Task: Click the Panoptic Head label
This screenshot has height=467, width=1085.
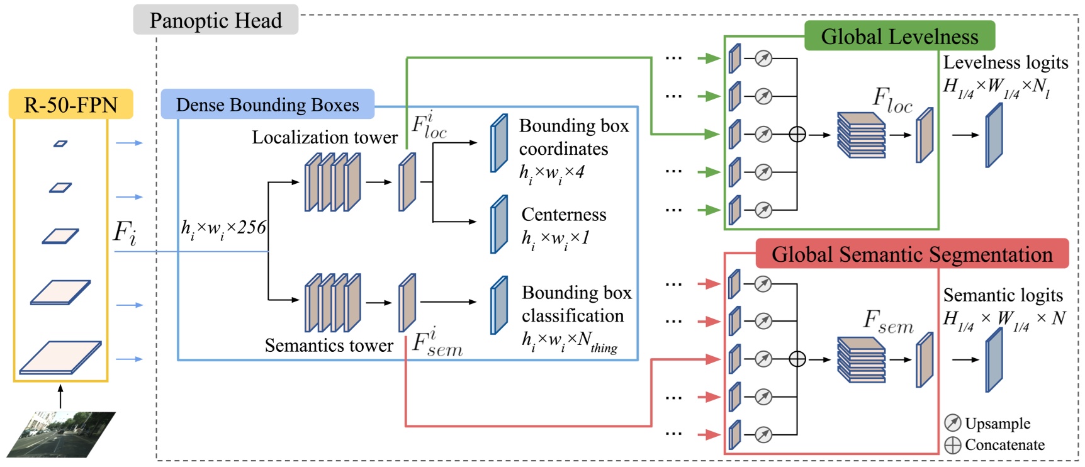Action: [x=215, y=21]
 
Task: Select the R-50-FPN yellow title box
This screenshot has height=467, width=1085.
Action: [x=70, y=104]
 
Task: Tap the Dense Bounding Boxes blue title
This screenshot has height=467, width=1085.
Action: [x=267, y=104]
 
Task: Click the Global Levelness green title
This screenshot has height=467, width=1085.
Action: [x=899, y=37]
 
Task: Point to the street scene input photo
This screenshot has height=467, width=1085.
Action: [x=61, y=434]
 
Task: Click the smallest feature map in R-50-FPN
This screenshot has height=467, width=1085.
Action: [x=60, y=144]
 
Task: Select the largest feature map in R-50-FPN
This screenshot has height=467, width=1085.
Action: [x=60, y=357]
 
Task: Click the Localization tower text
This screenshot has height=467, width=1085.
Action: [x=325, y=137]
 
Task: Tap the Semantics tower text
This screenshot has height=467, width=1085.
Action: [x=329, y=346]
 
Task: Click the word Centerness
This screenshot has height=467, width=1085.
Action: [x=564, y=215]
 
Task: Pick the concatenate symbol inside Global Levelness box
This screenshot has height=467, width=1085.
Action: [x=797, y=134]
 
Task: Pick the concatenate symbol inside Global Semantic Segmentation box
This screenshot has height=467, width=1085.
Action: [x=797, y=359]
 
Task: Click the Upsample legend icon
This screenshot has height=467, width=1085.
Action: [x=953, y=423]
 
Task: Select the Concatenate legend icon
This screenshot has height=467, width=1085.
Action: [x=953, y=445]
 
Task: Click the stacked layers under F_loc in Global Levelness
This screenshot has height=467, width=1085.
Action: [x=861, y=135]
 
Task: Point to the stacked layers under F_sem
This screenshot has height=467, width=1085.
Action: [x=861, y=359]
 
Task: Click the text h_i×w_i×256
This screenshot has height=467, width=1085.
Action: [x=223, y=228]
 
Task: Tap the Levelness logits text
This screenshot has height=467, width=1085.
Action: [x=1005, y=62]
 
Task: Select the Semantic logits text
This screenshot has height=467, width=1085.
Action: [x=1003, y=295]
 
